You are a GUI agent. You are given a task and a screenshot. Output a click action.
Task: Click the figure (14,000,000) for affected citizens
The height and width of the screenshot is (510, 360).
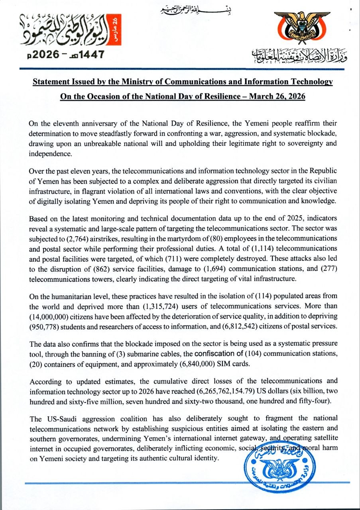pos(49,316)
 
